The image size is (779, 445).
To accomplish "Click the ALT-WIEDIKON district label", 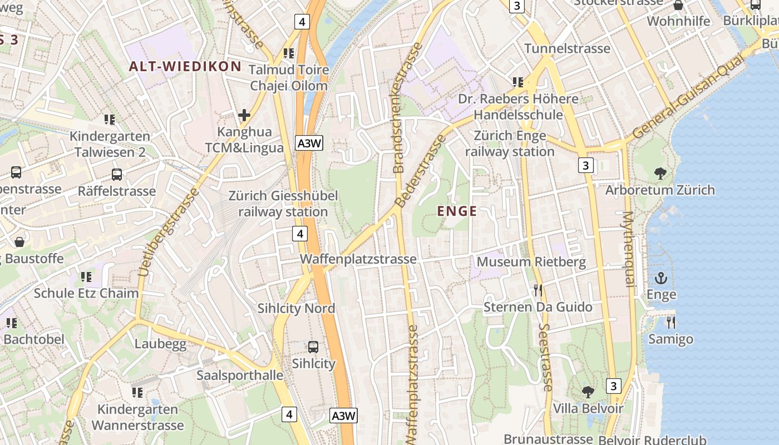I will coord(185,67).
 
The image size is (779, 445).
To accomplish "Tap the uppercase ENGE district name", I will coord(457,211).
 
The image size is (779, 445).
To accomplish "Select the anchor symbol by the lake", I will coord(661,278).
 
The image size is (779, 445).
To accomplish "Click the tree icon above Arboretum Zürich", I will coord(660,173).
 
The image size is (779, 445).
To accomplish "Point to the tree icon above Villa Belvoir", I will coord(588,392).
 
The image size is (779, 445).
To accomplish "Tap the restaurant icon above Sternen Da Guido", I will coord(538,290).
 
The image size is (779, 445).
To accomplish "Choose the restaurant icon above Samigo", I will coord(670,322).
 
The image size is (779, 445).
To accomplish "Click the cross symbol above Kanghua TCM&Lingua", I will coord(244,115).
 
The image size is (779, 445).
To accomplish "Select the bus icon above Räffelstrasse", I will coord(117,175).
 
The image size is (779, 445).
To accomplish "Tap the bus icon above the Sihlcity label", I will coord(313,347).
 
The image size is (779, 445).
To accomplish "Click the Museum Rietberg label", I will coord(531,262).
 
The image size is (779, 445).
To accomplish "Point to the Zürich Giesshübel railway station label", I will coord(283,204).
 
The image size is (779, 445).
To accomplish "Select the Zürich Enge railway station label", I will coord(510,144).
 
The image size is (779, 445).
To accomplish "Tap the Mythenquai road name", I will coord(628,249).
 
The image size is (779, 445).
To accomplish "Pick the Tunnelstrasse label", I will coord(567,48).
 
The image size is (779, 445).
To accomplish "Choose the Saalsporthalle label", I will coord(240,375).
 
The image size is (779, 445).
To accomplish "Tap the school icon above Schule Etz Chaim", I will coord(86,276).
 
